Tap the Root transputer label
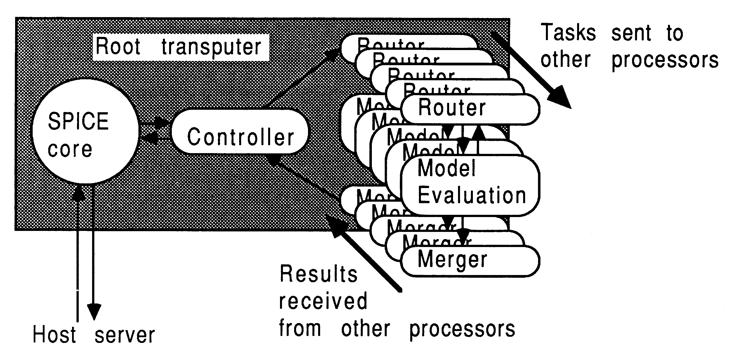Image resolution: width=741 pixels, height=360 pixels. [181, 47]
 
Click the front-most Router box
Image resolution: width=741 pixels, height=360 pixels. [470, 109]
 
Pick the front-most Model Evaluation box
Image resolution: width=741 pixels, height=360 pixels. [470, 186]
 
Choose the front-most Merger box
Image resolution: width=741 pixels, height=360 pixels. [470, 261]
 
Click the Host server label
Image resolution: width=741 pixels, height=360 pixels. [94, 335]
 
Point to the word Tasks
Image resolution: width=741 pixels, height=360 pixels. [568, 32]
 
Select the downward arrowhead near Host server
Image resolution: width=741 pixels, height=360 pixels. [94, 312]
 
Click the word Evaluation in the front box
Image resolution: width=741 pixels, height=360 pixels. [472, 196]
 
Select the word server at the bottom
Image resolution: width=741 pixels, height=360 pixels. [125, 335]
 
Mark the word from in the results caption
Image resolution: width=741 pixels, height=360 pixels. [300, 328]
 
